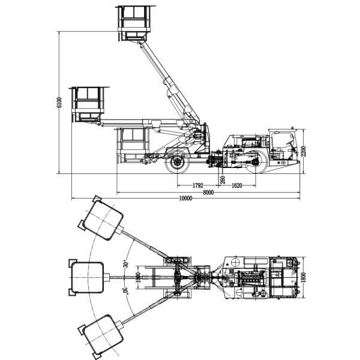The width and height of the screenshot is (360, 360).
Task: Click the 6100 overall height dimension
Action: coord(59,103)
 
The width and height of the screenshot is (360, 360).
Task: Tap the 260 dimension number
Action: coord(223,180)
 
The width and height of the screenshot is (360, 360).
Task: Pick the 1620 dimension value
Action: coord(236,186)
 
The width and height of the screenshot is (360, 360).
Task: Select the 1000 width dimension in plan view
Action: coord(137,278)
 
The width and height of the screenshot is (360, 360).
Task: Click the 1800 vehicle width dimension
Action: coord(304,278)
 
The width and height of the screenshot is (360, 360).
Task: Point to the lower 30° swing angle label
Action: coord(125,292)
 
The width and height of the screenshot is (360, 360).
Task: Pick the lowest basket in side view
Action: coord(133,143)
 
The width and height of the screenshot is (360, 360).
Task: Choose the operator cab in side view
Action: coord(283,145)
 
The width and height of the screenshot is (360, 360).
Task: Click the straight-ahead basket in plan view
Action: coord(89,278)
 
